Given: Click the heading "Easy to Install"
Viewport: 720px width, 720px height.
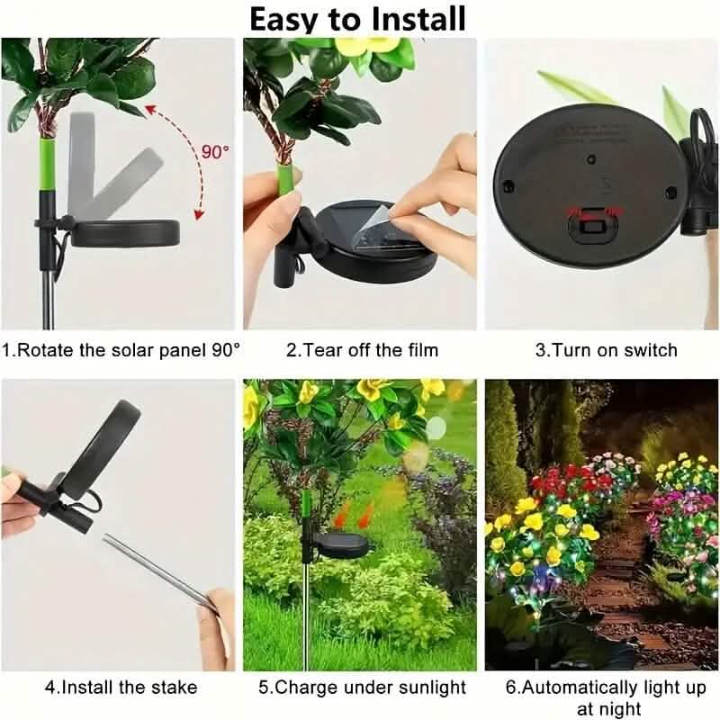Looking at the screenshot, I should click(357, 19).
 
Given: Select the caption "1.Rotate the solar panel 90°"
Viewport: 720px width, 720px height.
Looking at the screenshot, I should click(121, 349).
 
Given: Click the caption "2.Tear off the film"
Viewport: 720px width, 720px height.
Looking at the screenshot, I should click(362, 349).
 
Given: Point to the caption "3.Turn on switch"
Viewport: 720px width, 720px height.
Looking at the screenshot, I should click(606, 349).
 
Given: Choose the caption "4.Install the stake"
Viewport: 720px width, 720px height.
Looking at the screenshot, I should click(121, 688).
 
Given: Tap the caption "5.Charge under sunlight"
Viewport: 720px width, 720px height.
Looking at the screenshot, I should click(362, 688).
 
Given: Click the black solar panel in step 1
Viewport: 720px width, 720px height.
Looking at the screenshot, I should click(126, 233).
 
